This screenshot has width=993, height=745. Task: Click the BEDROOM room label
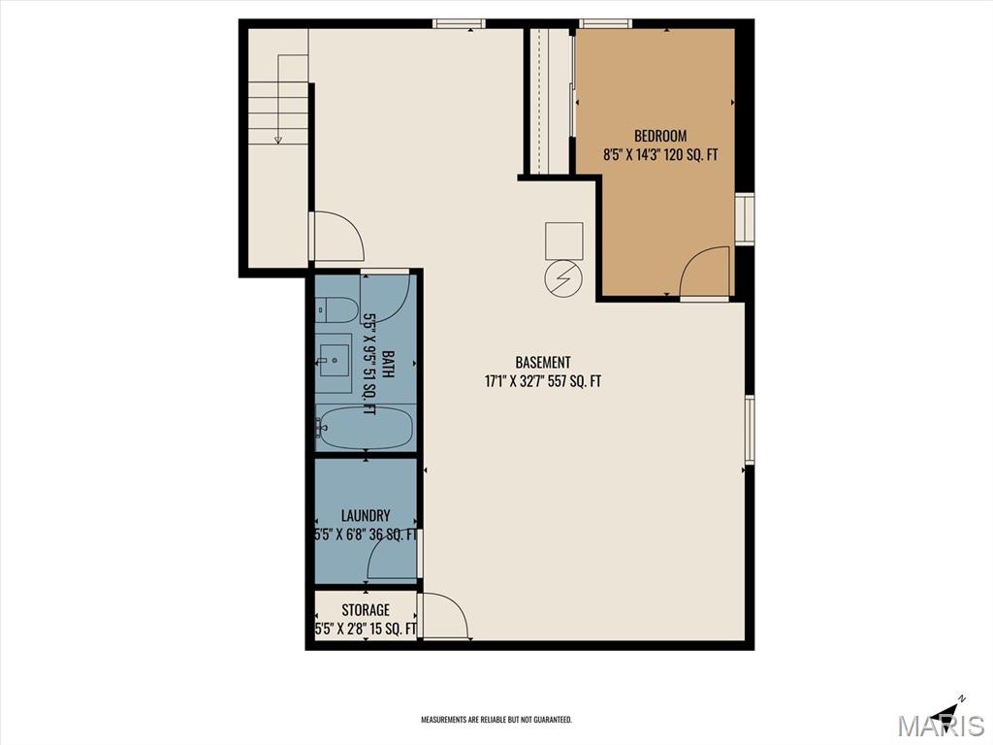pos(660,136)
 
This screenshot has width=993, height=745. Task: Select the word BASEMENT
pos(542,363)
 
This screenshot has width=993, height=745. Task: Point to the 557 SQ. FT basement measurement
pos(576,381)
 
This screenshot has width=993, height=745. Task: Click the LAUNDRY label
pos(366,516)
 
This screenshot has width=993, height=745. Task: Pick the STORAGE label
pos(366,610)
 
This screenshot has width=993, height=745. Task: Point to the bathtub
pos(366,428)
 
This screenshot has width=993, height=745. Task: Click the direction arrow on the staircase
pos(278,138)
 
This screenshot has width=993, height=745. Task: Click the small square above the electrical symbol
pos(563,240)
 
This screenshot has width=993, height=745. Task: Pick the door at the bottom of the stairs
pos(336,237)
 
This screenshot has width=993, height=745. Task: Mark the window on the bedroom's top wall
pos(605,23)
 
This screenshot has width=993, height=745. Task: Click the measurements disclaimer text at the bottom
pos(496,720)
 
